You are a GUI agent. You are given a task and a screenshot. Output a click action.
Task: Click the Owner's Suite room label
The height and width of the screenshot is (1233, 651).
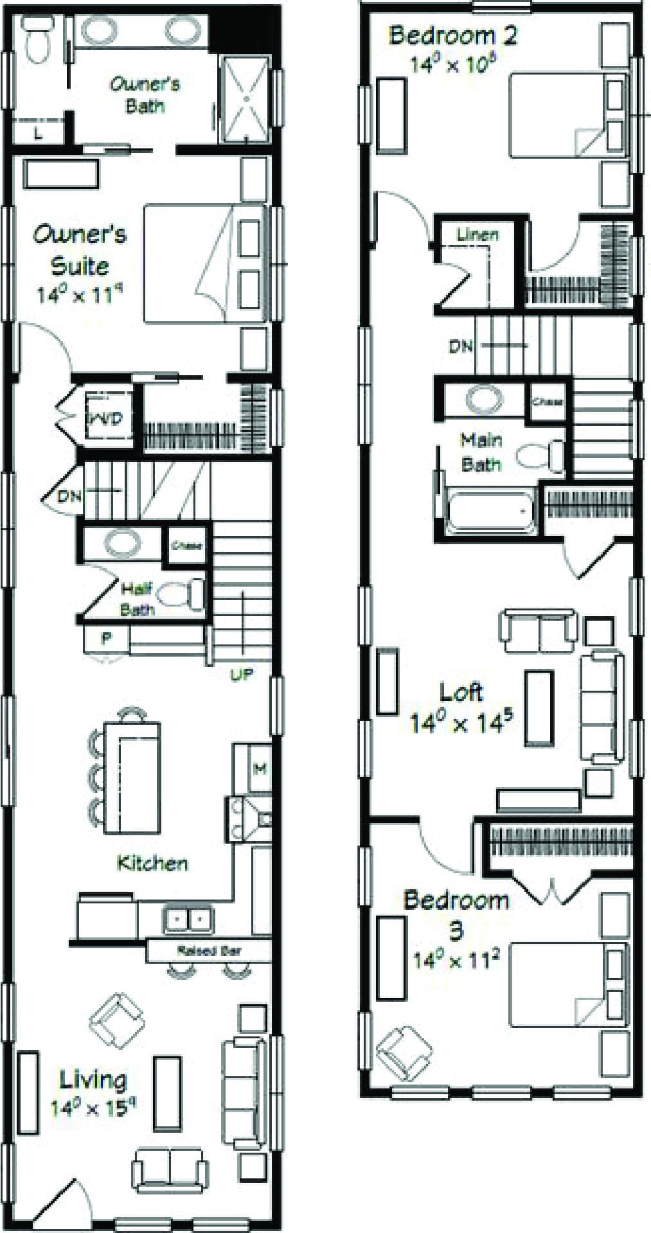tap(79, 249)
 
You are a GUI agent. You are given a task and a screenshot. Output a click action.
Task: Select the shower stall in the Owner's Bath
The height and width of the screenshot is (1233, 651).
tap(244, 100)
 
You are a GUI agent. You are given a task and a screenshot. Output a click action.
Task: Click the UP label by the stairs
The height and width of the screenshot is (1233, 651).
tap(241, 674)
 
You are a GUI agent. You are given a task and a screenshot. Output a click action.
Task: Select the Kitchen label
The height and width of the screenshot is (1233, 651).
tap(152, 862)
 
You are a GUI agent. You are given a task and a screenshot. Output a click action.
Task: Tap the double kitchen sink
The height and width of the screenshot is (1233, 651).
tap(188, 920)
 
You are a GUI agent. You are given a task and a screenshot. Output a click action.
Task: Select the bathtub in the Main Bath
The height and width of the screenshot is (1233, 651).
tap(491, 512)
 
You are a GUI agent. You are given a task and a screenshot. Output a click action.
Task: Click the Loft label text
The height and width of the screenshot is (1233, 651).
tap(461, 692)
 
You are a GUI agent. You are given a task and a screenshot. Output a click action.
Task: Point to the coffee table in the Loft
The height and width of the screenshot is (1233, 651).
tap(539, 706)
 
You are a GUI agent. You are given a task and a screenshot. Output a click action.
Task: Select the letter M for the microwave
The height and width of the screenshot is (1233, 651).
tap(260, 768)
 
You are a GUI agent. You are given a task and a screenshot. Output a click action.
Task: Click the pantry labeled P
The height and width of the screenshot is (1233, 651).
tap(105, 638)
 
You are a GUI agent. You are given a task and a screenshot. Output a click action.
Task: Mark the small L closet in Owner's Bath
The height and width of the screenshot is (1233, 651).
tap(39, 134)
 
